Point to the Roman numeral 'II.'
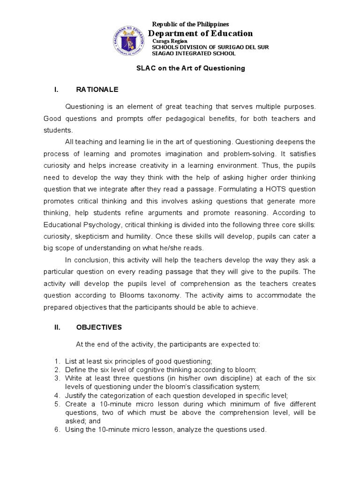[x=58, y=327]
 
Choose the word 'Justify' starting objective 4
[x=75, y=395]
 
